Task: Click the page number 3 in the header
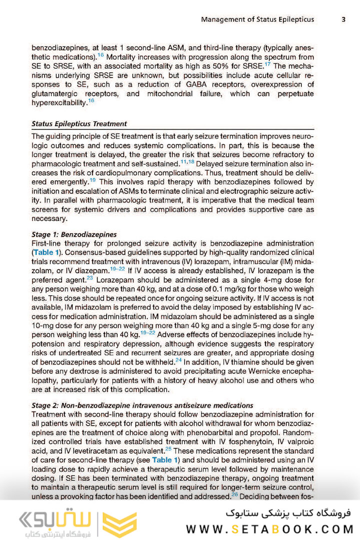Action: click(343, 19)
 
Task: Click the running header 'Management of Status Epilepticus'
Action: click(257, 19)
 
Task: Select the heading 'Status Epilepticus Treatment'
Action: click(79, 123)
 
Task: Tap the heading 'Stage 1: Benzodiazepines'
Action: click(74, 234)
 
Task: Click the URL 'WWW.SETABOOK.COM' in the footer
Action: click(269, 529)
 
